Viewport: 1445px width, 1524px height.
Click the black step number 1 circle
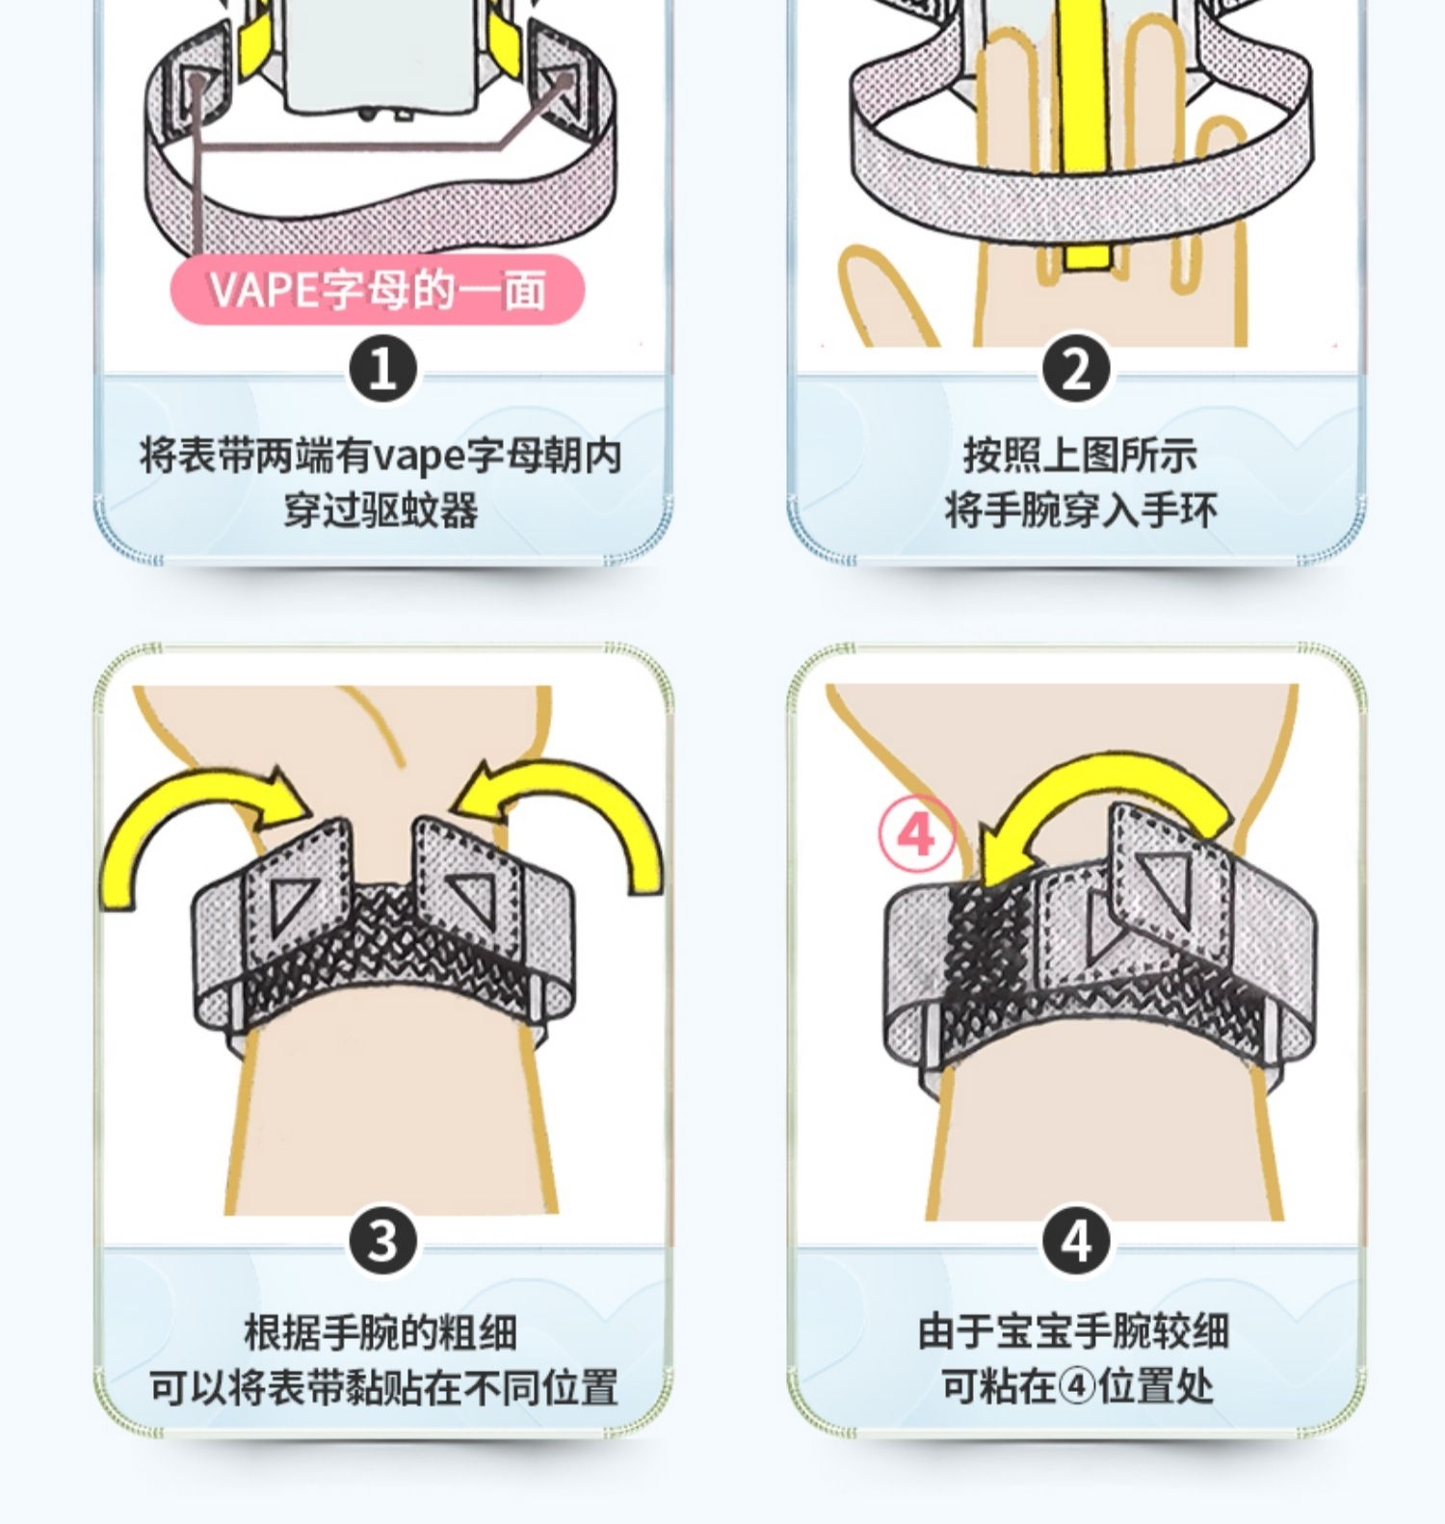point(382,369)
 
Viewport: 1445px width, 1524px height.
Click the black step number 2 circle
point(1076,369)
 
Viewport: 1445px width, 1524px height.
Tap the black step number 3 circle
point(382,1240)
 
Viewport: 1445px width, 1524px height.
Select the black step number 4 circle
point(1076,1240)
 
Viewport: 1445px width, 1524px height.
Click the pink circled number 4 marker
point(916,834)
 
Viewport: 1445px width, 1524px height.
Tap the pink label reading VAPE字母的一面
point(378,289)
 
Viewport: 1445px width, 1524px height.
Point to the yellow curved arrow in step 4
point(1108,780)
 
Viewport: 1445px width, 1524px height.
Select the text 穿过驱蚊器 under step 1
point(381,510)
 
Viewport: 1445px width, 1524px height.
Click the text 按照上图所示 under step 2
point(1080,455)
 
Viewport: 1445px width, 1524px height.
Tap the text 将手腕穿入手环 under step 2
point(1080,510)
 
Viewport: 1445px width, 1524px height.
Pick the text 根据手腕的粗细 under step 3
point(381,1332)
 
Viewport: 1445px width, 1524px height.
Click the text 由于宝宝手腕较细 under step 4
point(1074,1332)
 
